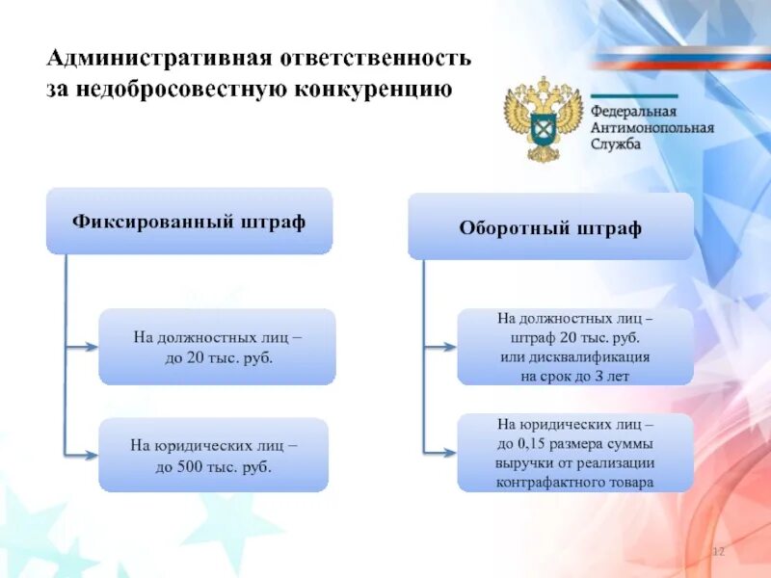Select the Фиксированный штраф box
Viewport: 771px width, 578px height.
point(189,222)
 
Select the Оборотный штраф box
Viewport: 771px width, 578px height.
point(550,227)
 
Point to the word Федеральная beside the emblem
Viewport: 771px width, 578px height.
point(633,111)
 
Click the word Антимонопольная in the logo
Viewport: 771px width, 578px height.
point(651,128)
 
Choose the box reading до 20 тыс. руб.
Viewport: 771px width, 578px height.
point(217,347)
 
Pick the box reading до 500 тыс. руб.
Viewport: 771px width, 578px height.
point(214,456)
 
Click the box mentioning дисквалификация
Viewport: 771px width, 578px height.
point(574,347)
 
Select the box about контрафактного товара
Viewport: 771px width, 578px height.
point(574,453)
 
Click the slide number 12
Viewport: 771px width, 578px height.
point(717,550)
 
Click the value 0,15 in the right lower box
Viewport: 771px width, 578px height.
point(534,444)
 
